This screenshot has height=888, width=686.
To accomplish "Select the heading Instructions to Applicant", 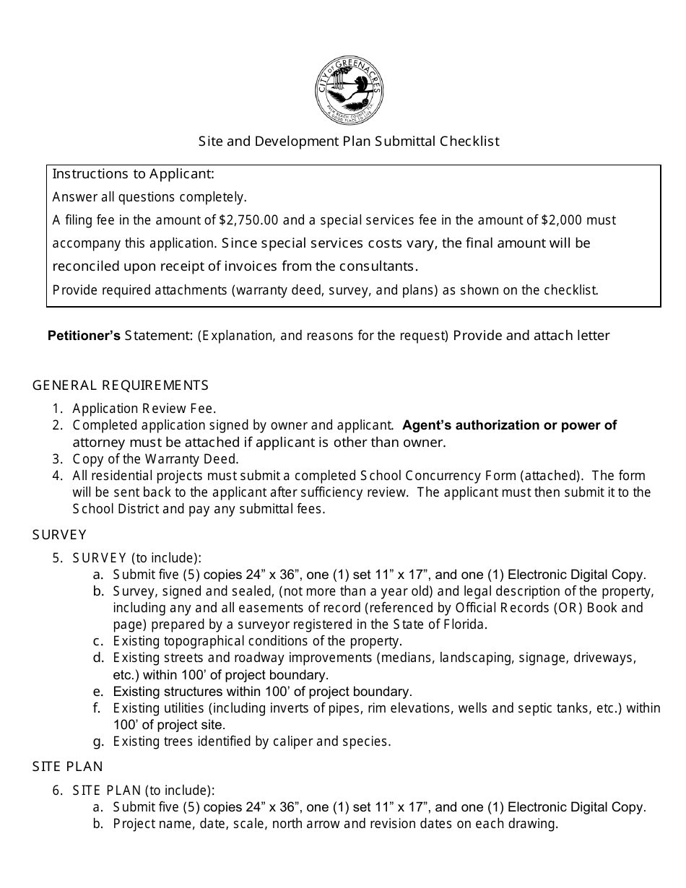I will [134, 175].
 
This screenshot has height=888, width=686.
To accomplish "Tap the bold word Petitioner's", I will [84, 336].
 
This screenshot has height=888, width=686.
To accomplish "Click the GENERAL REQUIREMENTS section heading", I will [121, 386].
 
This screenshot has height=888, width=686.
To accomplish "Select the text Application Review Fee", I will [144, 409].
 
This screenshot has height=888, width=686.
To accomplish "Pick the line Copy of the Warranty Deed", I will [155, 459].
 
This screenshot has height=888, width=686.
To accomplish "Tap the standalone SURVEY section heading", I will [59, 535].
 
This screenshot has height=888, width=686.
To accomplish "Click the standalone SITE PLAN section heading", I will [68, 767].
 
